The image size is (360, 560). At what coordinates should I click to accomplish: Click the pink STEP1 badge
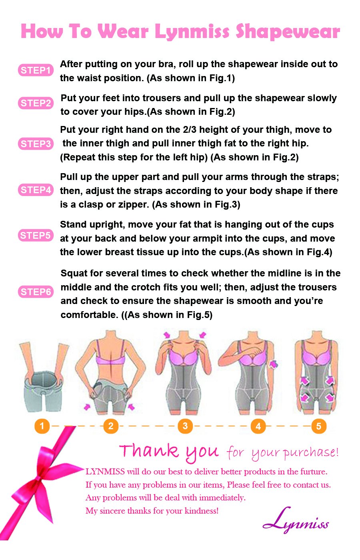[36, 70]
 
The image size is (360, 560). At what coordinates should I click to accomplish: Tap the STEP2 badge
[36, 103]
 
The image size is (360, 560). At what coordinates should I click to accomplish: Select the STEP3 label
[36, 144]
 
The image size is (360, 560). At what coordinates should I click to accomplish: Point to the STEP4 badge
[36, 190]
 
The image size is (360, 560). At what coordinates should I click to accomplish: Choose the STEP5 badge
[36, 236]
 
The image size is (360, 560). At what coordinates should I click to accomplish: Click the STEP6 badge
[36, 292]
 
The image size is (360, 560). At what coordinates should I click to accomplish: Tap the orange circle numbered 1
[42, 426]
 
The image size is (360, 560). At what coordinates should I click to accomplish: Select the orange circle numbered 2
[111, 426]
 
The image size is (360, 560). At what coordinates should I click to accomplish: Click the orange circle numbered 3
[185, 426]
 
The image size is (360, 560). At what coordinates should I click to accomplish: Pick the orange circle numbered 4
[258, 426]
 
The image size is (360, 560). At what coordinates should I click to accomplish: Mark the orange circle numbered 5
[319, 426]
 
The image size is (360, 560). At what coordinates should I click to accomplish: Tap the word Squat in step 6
[74, 274]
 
